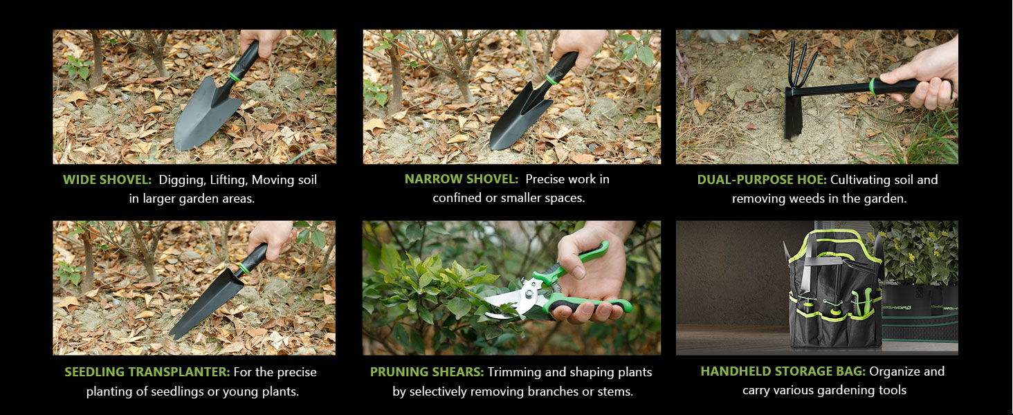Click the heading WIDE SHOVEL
point(107,179)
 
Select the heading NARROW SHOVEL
point(462,179)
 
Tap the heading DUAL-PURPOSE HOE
point(762,179)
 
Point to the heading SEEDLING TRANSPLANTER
point(147,372)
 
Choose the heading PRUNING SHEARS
point(427,372)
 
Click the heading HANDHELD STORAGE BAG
point(783,371)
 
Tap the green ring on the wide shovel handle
point(235,76)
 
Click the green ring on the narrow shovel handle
point(551,80)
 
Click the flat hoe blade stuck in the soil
point(793,113)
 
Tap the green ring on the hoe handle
point(873,86)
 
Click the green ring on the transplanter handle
point(244,268)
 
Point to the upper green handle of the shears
point(572,264)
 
